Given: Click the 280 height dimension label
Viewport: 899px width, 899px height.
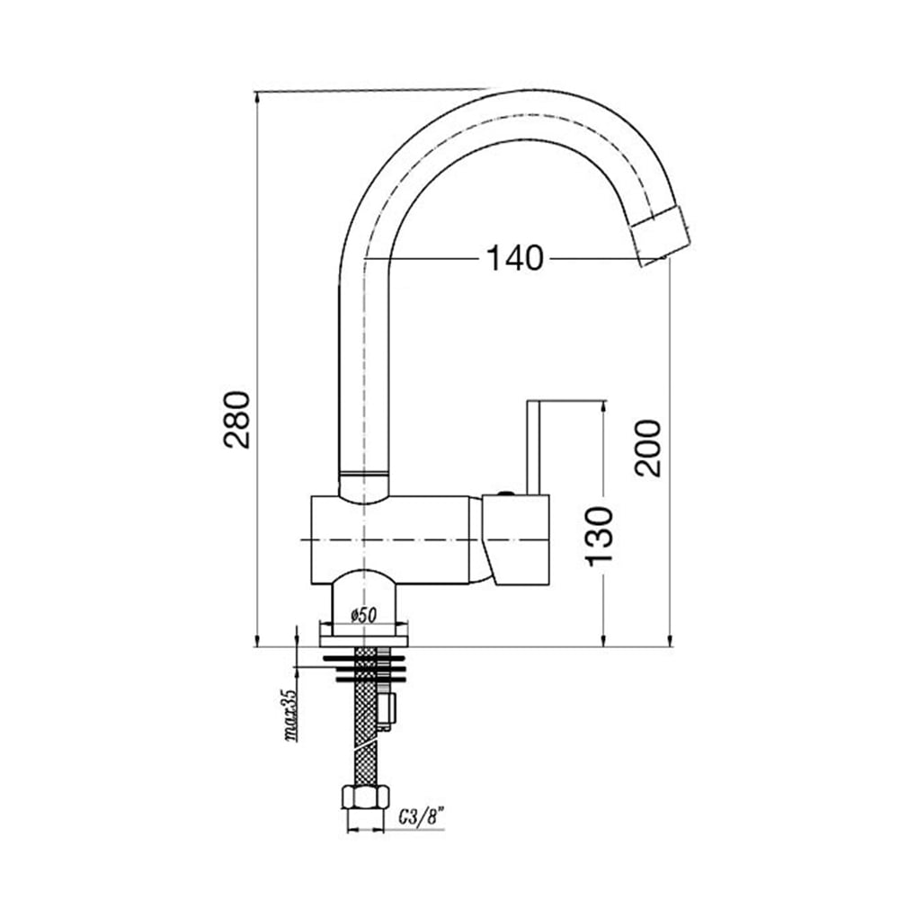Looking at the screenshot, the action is point(237,419).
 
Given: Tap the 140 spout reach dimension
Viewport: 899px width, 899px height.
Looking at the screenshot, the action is point(514,258).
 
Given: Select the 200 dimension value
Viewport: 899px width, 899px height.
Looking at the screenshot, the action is point(647,449).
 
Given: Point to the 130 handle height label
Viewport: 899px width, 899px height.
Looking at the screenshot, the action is point(599,536).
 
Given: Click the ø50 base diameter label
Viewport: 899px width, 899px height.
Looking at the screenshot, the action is point(363,615).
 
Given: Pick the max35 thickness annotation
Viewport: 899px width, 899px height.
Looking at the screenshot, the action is point(291,715).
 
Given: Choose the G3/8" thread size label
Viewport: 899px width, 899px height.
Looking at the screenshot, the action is point(423,816).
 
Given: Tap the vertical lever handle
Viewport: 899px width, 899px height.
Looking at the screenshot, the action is point(534,447).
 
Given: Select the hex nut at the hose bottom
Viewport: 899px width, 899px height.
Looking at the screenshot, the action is point(365,797).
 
